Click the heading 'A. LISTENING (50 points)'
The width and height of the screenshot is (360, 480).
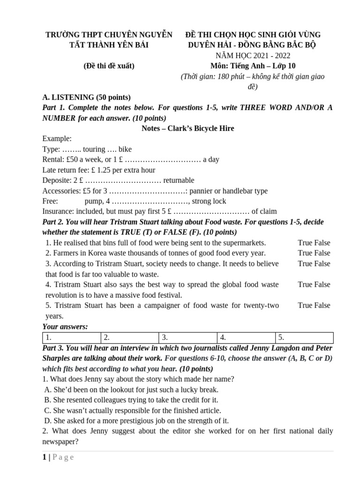86,97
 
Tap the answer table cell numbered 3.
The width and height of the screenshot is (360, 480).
188,337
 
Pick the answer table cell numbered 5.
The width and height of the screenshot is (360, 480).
305,337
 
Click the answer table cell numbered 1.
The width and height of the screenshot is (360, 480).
72,337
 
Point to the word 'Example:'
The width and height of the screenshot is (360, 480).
57,139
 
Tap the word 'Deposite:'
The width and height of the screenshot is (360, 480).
57,180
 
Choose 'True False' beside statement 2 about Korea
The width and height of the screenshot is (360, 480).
314,253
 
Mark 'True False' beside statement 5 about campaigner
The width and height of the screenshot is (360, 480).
314,305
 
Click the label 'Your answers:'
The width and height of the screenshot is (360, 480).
65,327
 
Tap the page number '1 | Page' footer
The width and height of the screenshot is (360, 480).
56,457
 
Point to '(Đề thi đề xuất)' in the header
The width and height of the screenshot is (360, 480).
109,66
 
